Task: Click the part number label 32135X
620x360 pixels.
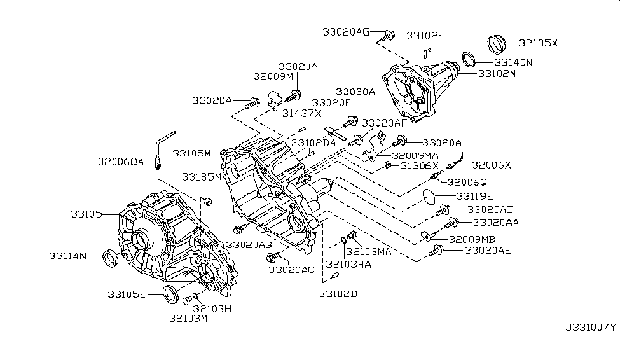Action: [537, 43]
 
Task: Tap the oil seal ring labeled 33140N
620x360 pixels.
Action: [469, 59]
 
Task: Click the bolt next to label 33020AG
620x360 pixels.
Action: [389, 34]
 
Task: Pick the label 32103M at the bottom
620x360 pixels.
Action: [188, 317]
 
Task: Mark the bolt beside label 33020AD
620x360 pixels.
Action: [443, 208]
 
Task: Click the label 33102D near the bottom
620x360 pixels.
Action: [338, 294]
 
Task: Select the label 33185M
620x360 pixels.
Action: [202, 176]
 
